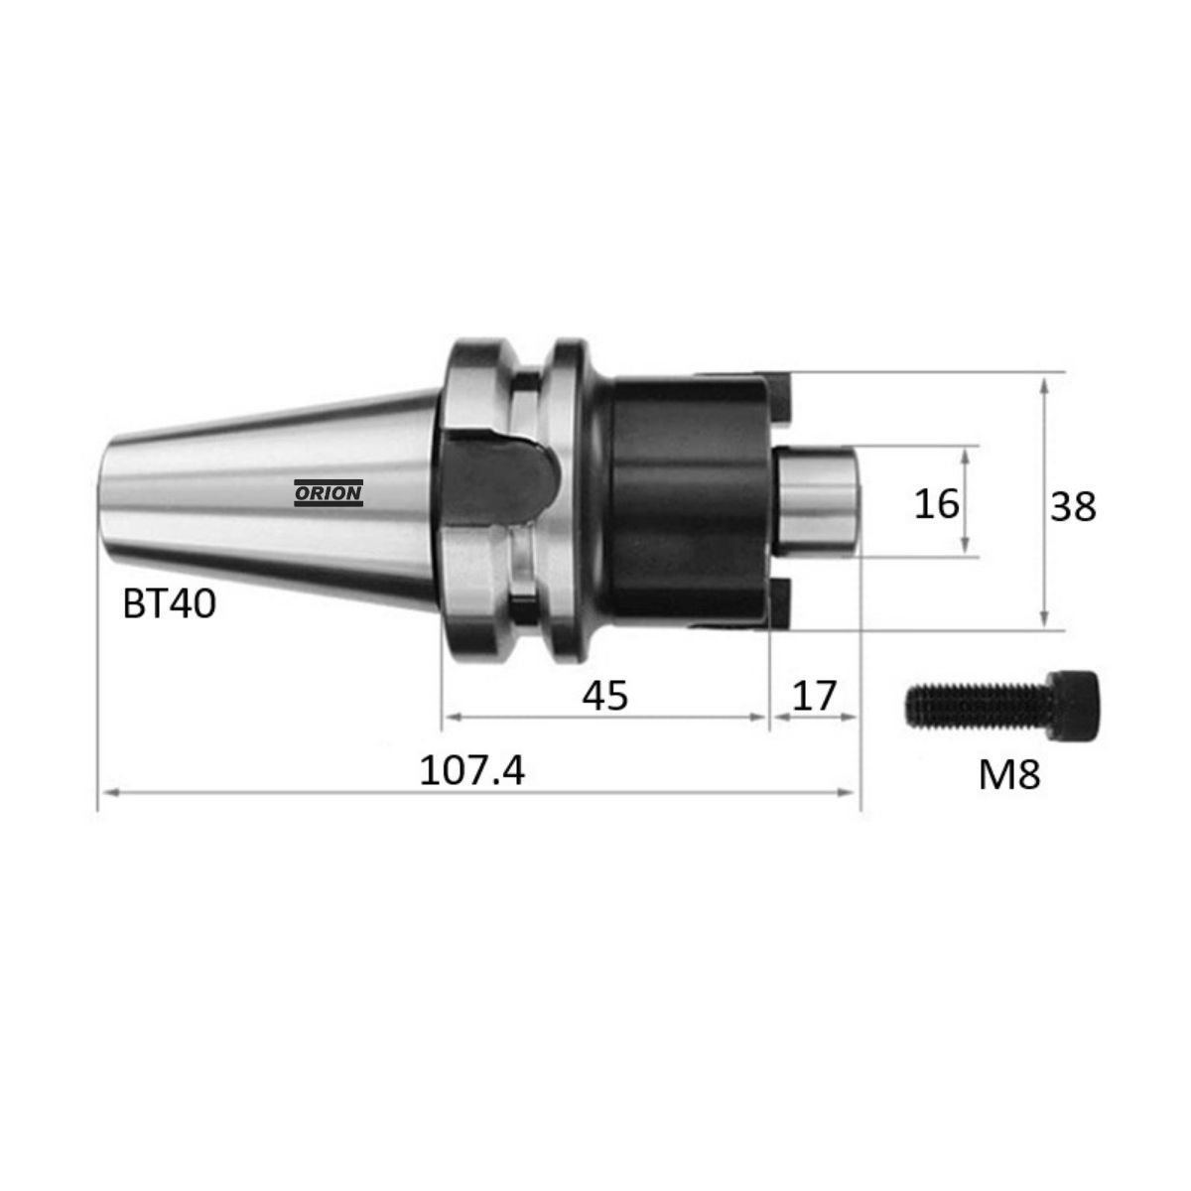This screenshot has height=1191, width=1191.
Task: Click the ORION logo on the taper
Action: pyautogui.click(x=329, y=492)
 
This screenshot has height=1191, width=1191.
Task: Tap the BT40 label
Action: pyautogui.click(x=170, y=603)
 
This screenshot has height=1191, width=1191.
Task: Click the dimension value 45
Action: pyautogui.click(x=605, y=695)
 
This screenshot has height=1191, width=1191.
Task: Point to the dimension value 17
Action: pyautogui.click(x=814, y=695)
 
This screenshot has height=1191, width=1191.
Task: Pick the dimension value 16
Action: pyautogui.click(x=936, y=503)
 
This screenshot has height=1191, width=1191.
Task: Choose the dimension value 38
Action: pyautogui.click(x=1074, y=507)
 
